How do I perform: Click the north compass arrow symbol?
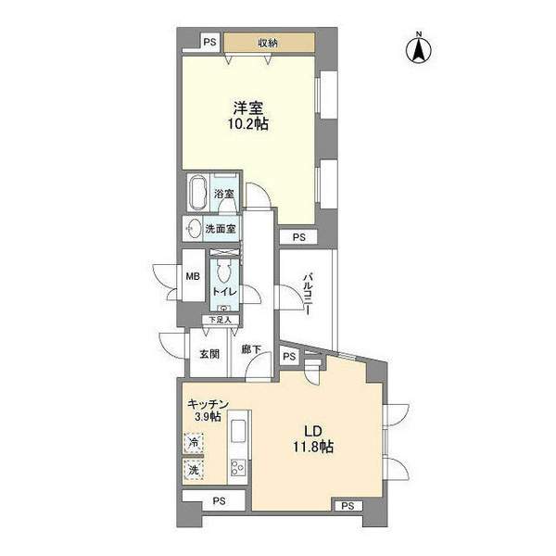click(419, 49)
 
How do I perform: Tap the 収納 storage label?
click(268, 44)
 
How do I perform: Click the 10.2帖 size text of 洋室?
click(247, 124)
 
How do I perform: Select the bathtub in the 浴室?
click(198, 194)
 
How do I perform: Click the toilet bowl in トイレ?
click(224, 272)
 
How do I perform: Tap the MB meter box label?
click(193, 276)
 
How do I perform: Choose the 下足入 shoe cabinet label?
click(220, 320)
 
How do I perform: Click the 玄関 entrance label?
click(209, 354)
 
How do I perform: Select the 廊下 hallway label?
click(251, 350)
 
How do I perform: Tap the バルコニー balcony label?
click(309, 294)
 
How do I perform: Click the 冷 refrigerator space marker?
click(194, 443)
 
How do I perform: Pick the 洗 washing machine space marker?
click(194, 470)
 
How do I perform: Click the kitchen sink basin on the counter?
click(239, 431)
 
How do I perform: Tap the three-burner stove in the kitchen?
click(238, 467)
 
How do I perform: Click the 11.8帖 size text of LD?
click(313, 447)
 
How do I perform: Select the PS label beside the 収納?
click(209, 43)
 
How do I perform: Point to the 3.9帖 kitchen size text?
click(208, 416)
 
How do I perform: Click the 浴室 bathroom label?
click(223, 194)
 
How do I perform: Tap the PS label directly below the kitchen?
click(219, 501)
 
